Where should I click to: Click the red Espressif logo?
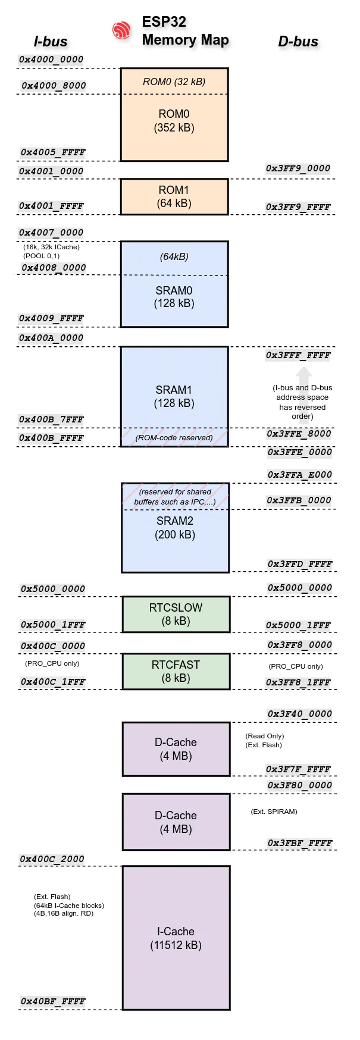coord(121,30)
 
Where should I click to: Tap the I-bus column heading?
coord(51,42)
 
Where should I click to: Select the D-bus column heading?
coord(298,42)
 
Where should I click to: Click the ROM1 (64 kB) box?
coord(174,197)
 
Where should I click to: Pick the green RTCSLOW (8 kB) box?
coord(176,615)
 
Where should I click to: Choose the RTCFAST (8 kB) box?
coord(176,672)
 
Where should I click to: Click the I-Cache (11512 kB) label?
coord(176,938)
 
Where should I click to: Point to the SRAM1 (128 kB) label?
coord(174,396)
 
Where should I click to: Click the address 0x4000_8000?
coord(54,86)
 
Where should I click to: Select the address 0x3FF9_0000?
coord(298,168)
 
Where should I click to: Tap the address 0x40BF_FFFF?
coord(53,1001)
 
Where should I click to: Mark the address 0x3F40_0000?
coord(299,714)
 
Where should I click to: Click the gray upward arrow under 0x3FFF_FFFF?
coord(303,375)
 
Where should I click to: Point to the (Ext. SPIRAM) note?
coord(274,812)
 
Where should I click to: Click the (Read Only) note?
coord(265,736)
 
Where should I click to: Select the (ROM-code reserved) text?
coord(174,438)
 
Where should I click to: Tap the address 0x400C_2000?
coord(52,859)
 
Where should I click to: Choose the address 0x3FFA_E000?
coord(299,475)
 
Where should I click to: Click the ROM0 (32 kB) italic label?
coord(174,82)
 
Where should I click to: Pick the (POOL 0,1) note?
coord(42,256)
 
